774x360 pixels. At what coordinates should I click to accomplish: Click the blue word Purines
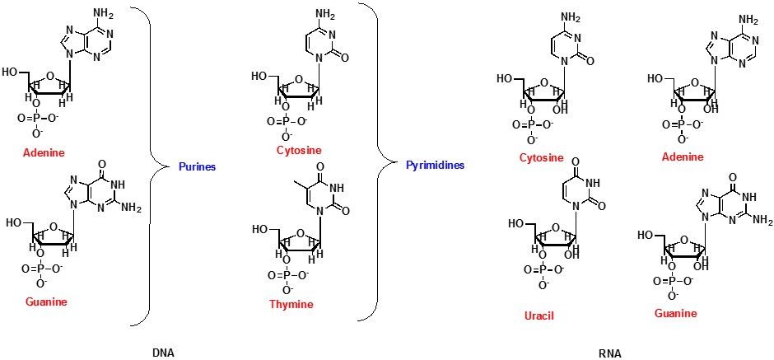click(197, 166)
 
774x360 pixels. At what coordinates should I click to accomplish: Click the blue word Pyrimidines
click(435, 166)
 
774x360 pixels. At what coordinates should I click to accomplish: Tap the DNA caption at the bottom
click(163, 353)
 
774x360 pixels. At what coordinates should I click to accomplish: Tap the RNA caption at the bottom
click(609, 353)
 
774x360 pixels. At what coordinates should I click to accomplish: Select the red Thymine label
click(291, 304)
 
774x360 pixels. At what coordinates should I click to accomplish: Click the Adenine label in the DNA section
click(44, 153)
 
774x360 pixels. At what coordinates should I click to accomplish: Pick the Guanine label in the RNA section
click(675, 313)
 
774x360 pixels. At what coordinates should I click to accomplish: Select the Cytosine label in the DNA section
click(299, 151)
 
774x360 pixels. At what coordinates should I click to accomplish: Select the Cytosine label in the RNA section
click(541, 157)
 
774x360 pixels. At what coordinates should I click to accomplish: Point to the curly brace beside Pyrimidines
click(380, 165)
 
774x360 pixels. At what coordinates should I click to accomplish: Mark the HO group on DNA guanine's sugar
click(16, 222)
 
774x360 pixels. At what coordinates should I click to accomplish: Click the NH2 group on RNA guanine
click(762, 221)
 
